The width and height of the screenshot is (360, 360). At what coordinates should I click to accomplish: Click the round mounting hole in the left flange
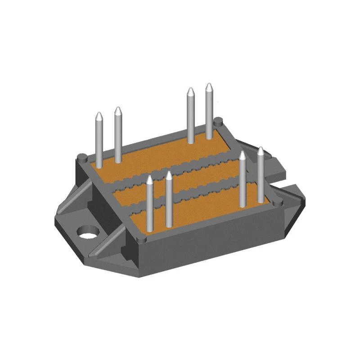point(88,233)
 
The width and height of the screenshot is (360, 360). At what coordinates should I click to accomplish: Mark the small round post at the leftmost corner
point(81,157)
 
